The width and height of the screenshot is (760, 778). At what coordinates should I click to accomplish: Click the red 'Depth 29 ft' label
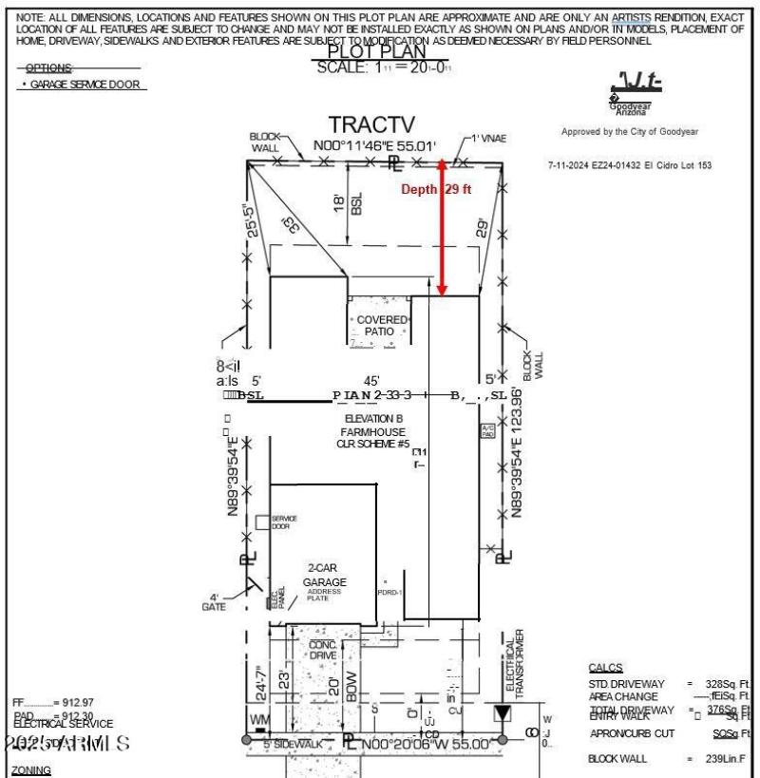436,189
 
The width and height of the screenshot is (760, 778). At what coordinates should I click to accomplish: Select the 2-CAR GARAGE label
325,575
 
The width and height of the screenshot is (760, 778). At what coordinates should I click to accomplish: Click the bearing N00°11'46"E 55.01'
375,147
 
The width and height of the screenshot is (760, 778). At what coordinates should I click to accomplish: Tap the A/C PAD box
488,431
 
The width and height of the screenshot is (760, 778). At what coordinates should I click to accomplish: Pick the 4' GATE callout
214,602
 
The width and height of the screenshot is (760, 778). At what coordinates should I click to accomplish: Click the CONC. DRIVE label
324,650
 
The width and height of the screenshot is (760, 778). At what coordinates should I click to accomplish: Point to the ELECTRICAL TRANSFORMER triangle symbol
501,713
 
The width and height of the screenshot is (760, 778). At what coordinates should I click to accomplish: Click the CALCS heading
606,668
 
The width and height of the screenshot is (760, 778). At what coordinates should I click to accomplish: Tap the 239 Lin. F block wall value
731,758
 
